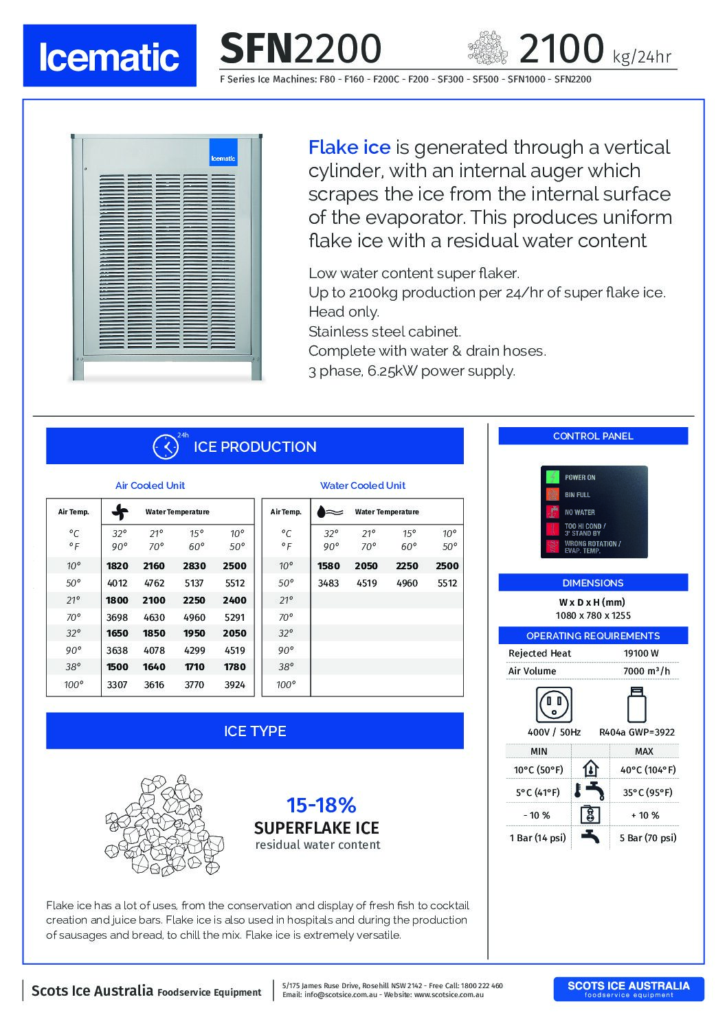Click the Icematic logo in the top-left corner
[109, 56]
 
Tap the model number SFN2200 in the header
[300, 49]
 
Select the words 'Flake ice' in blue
[349, 147]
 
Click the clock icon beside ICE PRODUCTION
[166, 446]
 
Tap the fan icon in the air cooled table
[120, 512]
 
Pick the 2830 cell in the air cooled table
[194, 566]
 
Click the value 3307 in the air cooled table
[117, 684]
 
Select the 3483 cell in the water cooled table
[328, 583]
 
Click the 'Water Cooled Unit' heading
[363, 486]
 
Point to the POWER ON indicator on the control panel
[553, 477]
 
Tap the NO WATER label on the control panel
[580, 512]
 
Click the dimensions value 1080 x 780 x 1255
[593, 615]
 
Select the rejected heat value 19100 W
[641, 653]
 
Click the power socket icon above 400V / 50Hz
[554, 705]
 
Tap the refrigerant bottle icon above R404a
[636, 705]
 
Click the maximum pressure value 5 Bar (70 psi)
[647, 838]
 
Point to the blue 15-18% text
[321, 805]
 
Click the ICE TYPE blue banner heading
[255, 731]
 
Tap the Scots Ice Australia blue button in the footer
[628, 989]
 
